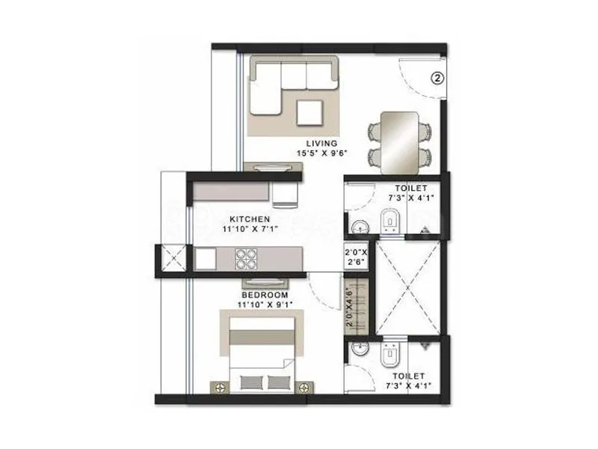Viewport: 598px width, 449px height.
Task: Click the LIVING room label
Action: click(x=322, y=143)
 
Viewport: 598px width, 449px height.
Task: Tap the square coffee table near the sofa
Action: click(x=310, y=113)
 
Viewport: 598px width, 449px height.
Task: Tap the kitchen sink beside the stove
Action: click(x=206, y=258)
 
